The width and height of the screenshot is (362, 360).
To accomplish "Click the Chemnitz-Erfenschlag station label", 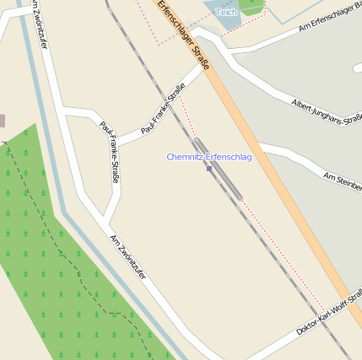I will [x=208, y=158].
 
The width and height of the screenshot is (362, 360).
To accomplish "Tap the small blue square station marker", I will [x=209, y=169].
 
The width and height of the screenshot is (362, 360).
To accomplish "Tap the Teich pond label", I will [x=225, y=13].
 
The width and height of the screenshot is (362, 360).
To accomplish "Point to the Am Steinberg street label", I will [x=343, y=178].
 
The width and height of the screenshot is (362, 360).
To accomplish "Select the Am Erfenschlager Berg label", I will [x=330, y=23].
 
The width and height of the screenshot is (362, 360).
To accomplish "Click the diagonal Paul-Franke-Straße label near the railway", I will [x=163, y=115].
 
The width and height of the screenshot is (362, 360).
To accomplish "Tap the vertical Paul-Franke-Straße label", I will [x=109, y=153].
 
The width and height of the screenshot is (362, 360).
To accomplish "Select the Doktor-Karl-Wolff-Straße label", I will [x=329, y=313].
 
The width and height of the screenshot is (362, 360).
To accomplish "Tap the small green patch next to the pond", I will [x=251, y=6].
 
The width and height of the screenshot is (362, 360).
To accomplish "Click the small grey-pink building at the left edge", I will [x=2, y=121].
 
